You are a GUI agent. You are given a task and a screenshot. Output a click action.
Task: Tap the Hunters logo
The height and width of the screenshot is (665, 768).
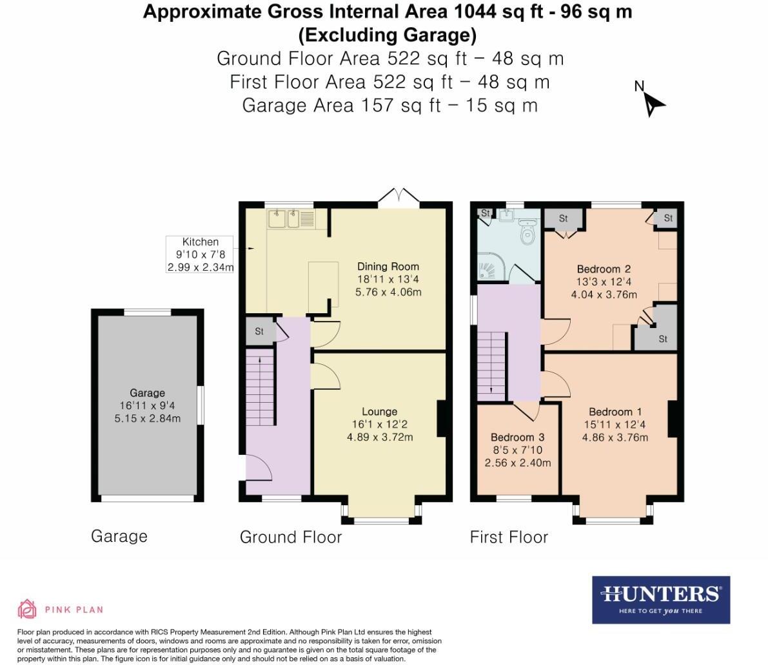[661, 599]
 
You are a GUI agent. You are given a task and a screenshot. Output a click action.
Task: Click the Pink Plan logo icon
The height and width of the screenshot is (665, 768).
[27, 609]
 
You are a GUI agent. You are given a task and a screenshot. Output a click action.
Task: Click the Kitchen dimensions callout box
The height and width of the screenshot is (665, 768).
[200, 255]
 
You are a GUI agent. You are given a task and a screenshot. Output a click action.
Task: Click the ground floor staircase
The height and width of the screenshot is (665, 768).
[261, 390]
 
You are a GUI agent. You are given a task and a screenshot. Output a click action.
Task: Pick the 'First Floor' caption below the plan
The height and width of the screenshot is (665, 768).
[509, 537]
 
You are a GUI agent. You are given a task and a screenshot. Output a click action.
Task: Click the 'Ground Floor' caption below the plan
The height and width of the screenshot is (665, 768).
[290, 537]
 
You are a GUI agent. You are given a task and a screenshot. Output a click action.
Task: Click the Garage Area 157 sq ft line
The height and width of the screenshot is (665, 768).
[389, 105]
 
